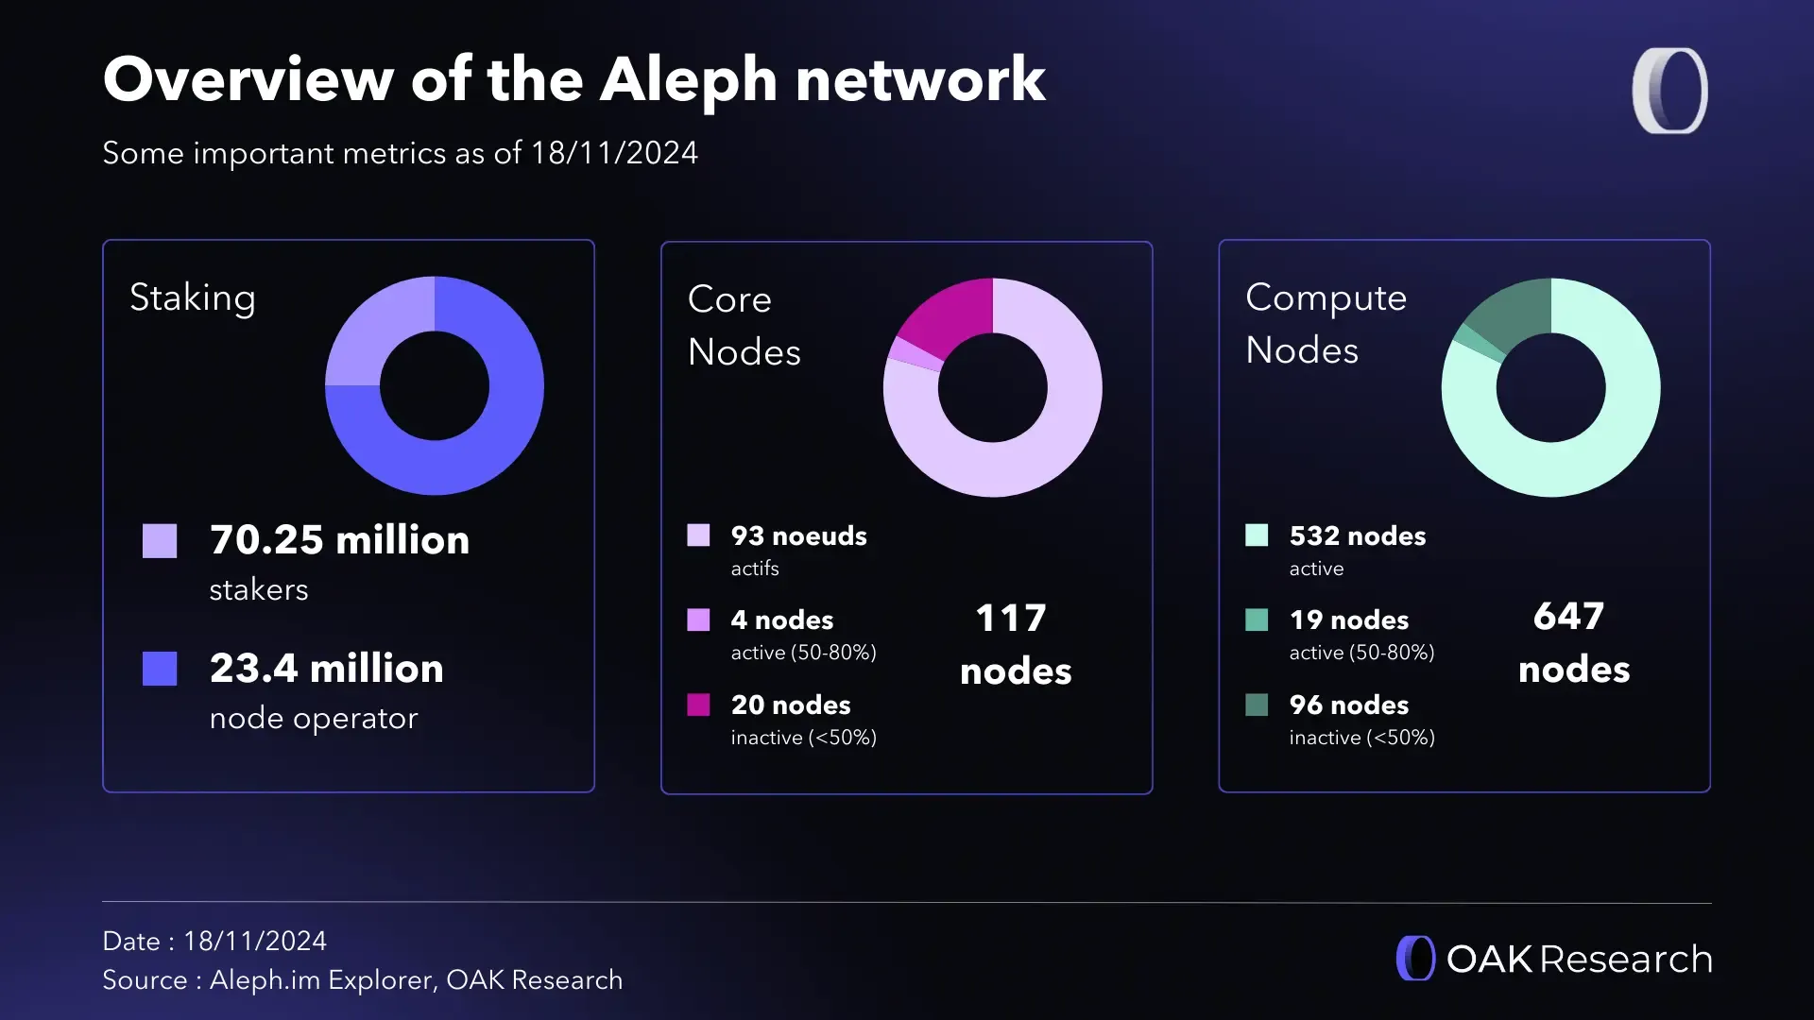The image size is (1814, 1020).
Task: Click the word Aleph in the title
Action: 688,79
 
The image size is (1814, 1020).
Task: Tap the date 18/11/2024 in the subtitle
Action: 614,153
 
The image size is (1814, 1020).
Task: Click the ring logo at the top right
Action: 1669,91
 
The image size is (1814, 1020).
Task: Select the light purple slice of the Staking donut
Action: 379,331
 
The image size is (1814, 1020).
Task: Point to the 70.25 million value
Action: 339,540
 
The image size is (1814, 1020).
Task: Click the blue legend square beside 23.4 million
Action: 160,669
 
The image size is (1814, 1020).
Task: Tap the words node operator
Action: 313,719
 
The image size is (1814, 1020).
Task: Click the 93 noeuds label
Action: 798,536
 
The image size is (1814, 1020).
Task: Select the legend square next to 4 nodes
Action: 698,620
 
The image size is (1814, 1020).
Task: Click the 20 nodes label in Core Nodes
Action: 790,705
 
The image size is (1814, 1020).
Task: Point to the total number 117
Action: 1010,619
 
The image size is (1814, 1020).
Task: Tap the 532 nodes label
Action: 1357,536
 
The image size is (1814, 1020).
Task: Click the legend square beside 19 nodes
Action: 1257,620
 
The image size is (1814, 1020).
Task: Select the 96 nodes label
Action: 1348,705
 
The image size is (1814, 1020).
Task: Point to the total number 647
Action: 1568,617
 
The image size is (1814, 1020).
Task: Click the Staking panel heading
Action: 193,297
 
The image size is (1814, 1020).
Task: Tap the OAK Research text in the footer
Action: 1579,960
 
